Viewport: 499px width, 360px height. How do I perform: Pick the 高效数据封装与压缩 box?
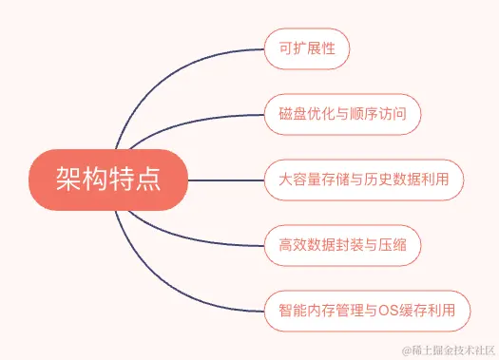[341, 244]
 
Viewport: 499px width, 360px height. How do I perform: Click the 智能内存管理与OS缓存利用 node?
[367, 310]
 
